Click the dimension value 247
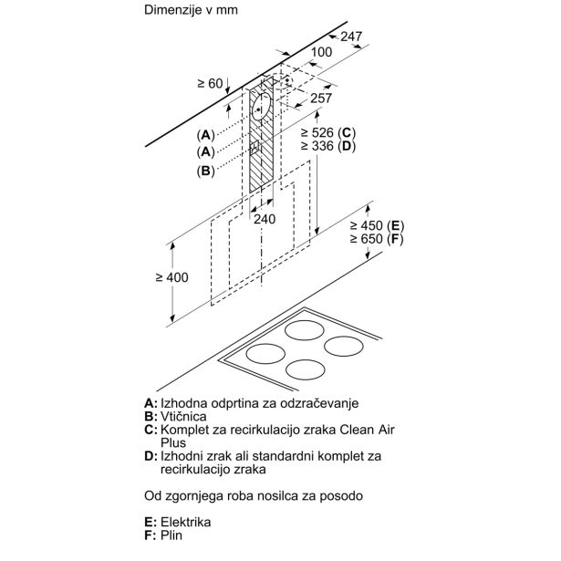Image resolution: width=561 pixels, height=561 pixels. [x=352, y=36]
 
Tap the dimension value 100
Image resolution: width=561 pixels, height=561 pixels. [x=320, y=52]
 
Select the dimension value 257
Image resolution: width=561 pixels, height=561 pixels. [x=321, y=98]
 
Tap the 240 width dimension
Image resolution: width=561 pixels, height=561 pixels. [x=264, y=219]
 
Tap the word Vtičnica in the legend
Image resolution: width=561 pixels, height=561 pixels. [x=186, y=416]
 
